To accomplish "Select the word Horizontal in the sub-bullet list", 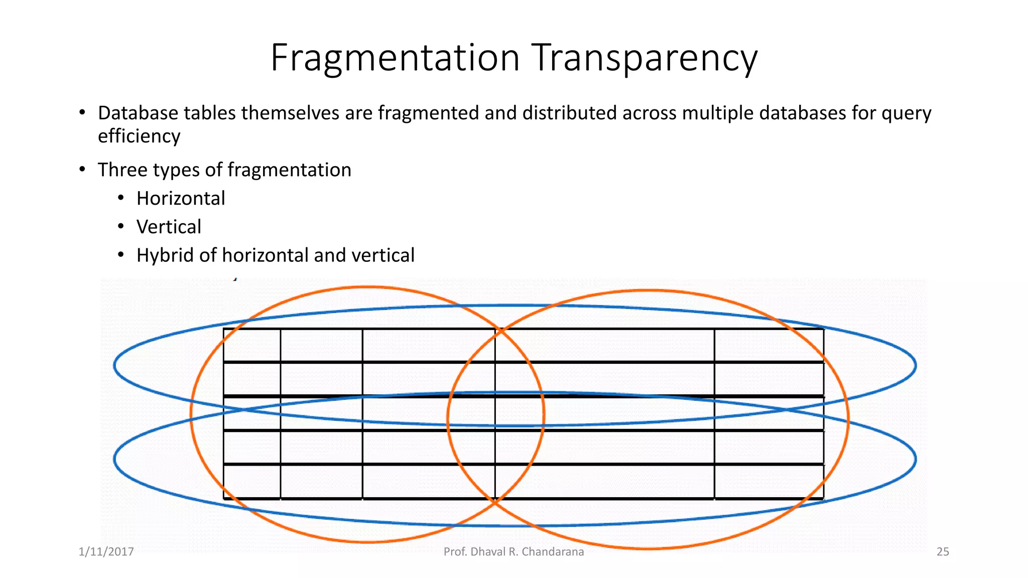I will coord(181,199).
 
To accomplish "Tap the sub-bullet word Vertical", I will coord(169,227).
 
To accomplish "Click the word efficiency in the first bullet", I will coord(139,136).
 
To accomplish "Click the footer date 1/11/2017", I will coord(106,552).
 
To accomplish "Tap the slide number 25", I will coord(943,552).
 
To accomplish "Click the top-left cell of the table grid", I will coord(251,345).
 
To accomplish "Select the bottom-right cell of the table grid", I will coord(769,482).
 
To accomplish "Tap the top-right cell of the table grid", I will coord(769,345).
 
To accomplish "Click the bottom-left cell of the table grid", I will coord(251,482).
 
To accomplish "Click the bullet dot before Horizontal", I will coord(121,199).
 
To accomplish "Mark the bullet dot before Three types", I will coord(82,170).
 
